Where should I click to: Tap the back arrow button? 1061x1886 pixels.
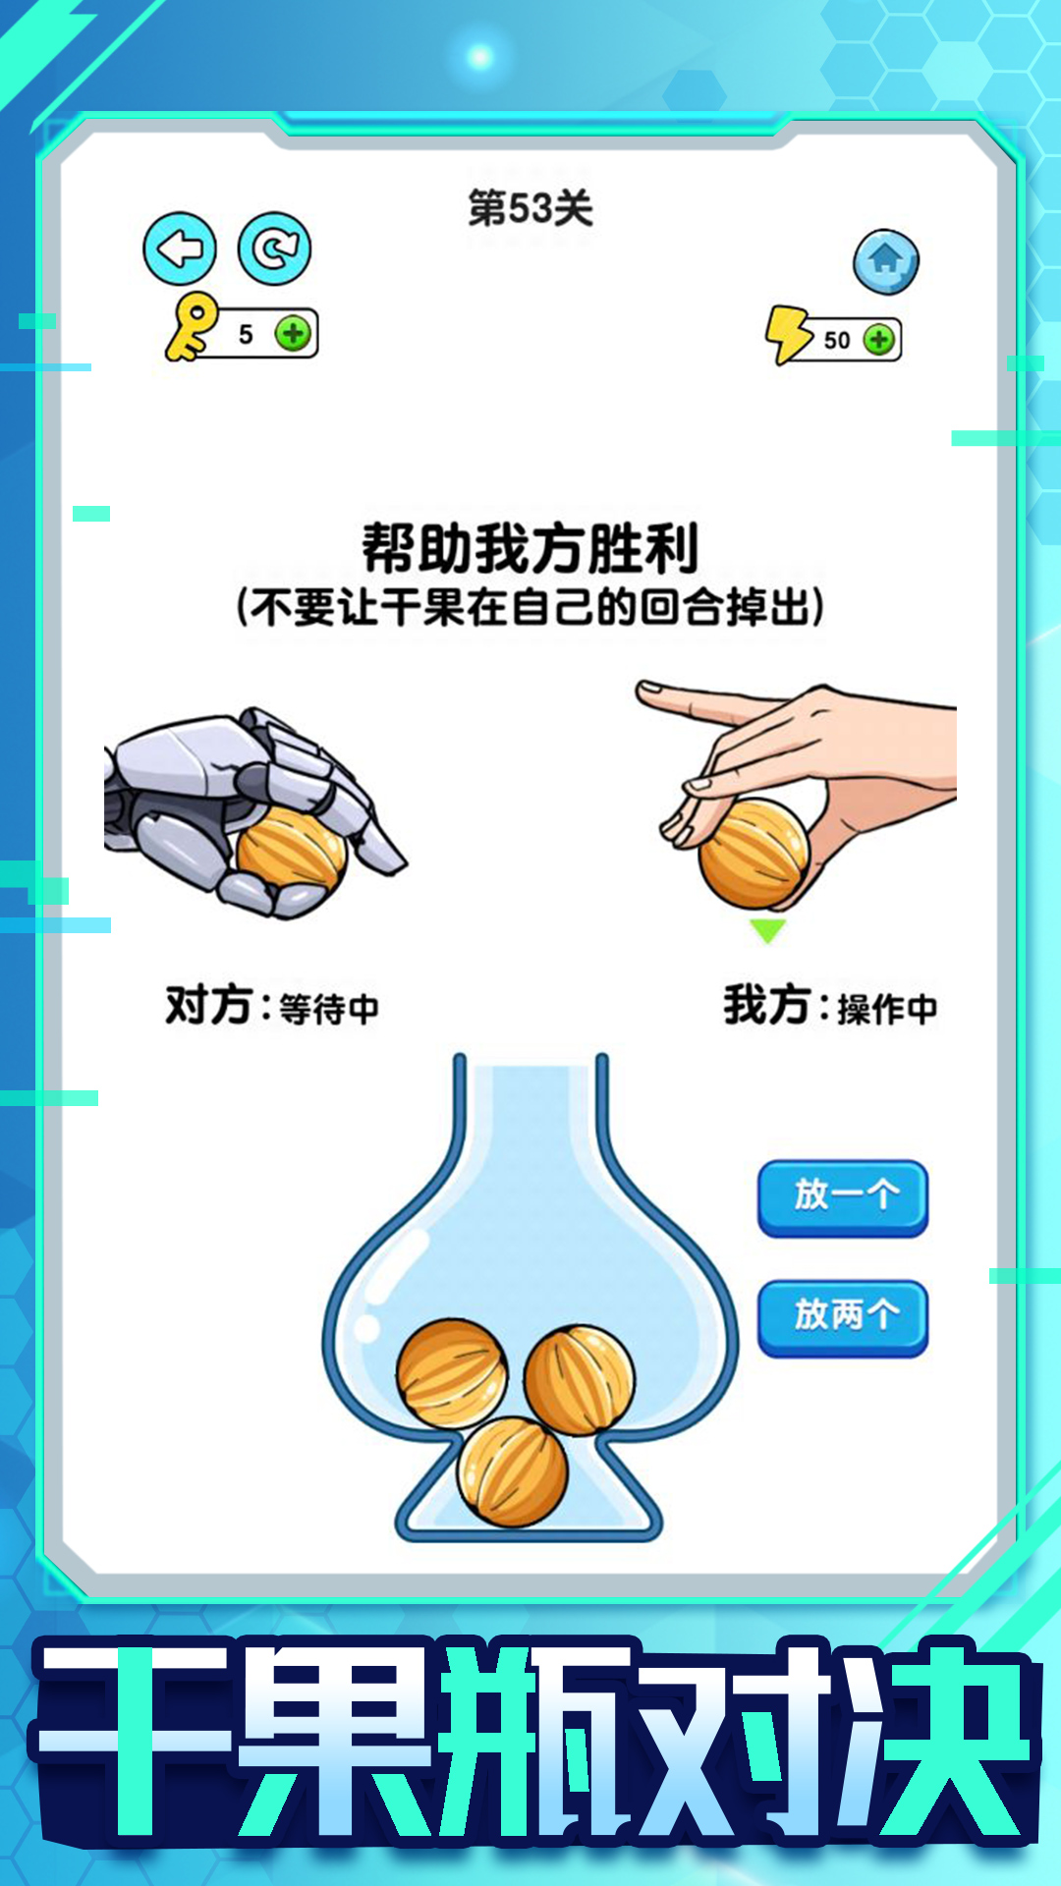point(180,250)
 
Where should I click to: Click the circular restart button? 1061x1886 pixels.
point(274,250)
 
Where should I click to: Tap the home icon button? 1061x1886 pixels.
point(885,261)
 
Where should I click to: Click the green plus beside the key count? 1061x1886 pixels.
point(293,334)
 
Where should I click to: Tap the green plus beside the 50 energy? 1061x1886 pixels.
point(878,340)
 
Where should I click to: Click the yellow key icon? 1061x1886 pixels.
point(191,327)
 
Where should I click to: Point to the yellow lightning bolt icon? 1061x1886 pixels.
point(788,334)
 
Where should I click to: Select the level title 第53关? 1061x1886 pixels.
point(530,208)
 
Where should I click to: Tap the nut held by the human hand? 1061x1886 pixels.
point(753,853)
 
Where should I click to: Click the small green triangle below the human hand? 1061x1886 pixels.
point(767,929)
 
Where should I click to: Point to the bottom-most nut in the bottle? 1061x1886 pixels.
point(513,1470)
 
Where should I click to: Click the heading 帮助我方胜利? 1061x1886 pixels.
point(530,548)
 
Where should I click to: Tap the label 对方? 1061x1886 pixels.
point(208,1006)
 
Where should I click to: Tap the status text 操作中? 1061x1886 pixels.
point(887,1009)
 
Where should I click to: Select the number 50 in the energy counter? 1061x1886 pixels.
point(837,340)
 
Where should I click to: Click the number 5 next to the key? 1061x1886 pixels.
point(246,335)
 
